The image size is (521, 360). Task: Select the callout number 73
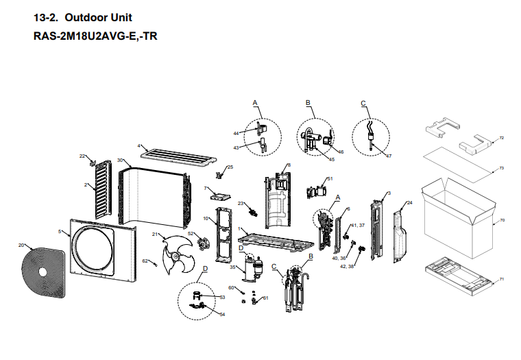pyautogui.click(x=502, y=168)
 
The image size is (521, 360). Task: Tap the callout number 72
pyautogui.click(x=502, y=139)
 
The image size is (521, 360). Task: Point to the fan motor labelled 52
pyautogui.click(x=202, y=241)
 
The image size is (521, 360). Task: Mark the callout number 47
pyautogui.click(x=389, y=156)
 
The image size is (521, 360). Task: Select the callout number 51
pyautogui.click(x=330, y=179)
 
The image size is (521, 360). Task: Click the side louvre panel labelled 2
pyautogui.click(x=101, y=187)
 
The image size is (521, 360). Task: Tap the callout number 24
pyautogui.click(x=409, y=203)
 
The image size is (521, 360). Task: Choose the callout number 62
pyautogui.click(x=145, y=261)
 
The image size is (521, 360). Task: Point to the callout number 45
pyautogui.click(x=332, y=160)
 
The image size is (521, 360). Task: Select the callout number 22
pyautogui.click(x=82, y=156)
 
